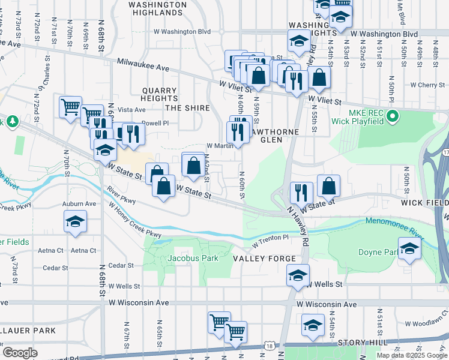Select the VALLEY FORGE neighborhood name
pos(264,259)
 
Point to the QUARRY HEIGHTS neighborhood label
pos(160,94)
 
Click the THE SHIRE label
pos(187,108)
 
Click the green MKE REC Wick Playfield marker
pos(393,115)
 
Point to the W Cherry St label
pos(423,85)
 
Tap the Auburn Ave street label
pos(79,204)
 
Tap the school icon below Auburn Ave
pos(75,221)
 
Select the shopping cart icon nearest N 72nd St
pos(70,107)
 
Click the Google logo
pos(20,353)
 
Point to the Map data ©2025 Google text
pos(411,355)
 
